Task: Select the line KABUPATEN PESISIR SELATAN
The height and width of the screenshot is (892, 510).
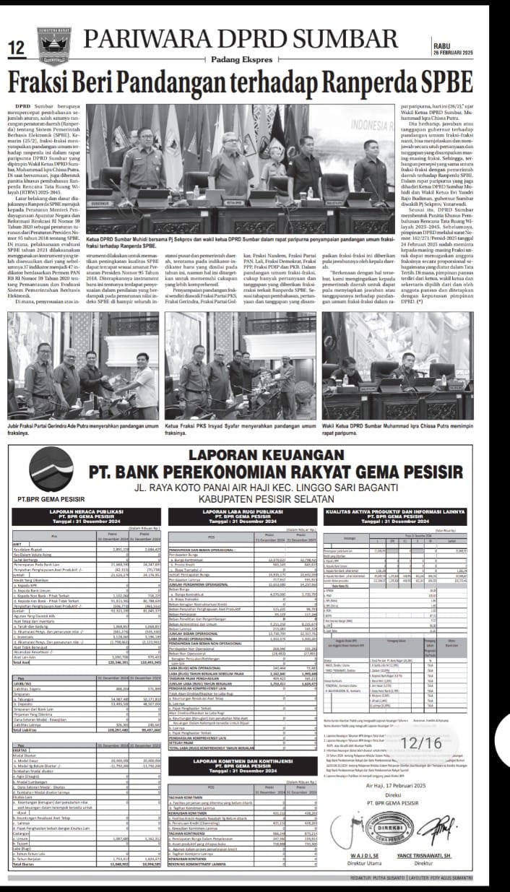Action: [255, 499]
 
